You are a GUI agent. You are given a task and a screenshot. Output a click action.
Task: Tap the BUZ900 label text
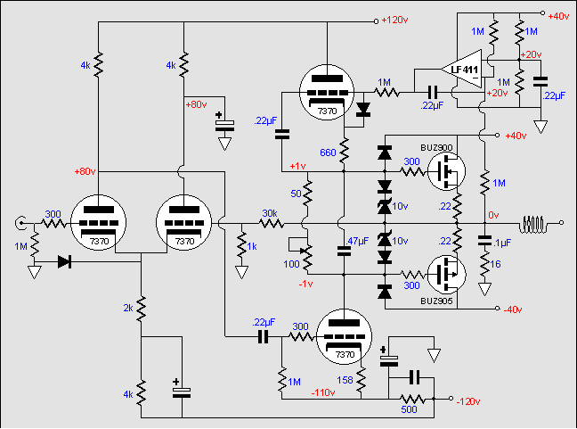point(436,148)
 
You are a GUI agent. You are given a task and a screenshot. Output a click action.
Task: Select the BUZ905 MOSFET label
point(436,301)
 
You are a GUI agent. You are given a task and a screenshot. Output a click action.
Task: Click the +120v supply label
point(394,20)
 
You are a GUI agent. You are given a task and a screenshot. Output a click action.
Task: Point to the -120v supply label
point(468,401)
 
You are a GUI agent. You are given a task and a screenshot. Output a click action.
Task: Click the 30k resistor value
point(270,213)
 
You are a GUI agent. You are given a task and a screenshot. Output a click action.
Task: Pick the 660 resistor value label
point(328,153)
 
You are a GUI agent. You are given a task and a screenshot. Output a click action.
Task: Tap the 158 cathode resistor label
point(345,380)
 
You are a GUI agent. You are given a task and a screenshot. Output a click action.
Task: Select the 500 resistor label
point(409,409)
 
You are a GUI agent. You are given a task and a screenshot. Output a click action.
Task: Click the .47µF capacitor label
point(357,241)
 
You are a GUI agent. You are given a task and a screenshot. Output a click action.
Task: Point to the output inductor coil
point(532,224)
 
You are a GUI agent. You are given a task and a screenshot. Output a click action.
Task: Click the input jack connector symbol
point(20,223)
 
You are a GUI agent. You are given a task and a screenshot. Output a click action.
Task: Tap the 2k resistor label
point(128,308)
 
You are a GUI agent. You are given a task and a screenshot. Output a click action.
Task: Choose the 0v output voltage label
point(493,215)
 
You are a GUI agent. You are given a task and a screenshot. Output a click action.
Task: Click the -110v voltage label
point(323,393)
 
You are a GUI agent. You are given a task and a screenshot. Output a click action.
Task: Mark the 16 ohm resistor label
point(495,264)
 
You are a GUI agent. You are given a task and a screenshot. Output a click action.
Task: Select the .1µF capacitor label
point(502,243)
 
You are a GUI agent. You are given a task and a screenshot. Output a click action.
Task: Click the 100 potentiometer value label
point(291,264)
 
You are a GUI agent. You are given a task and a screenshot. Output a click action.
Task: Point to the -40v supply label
point(513,309)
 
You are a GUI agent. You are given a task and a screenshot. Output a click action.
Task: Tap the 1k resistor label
point(252,246)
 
